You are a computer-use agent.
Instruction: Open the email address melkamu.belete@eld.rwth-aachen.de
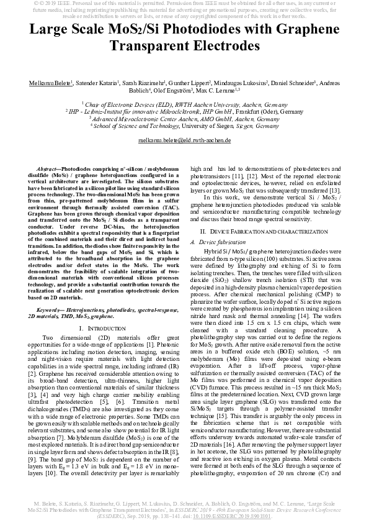184,140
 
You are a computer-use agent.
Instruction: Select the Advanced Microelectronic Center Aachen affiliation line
184,118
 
